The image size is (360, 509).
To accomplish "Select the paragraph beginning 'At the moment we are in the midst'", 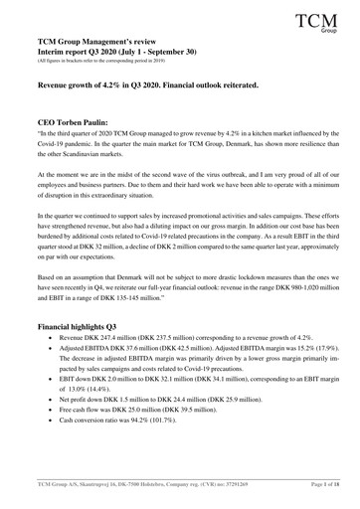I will pyautogui.click(x=179, y=212).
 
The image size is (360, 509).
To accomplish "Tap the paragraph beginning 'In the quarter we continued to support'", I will pyautogui.click(x=179, y=263).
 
